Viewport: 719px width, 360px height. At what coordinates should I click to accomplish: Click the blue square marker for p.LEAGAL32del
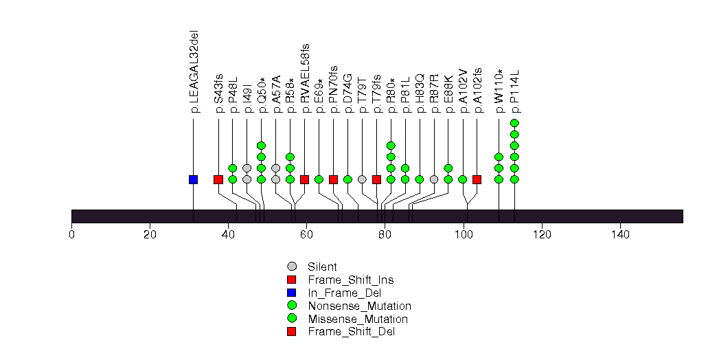tap(193, 179)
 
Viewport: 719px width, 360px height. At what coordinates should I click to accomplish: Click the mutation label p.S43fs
tap(218, 92)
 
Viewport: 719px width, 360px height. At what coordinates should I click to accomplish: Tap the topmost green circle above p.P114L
tap(514, 123)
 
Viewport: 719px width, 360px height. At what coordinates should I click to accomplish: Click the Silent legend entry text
tap(322, 267)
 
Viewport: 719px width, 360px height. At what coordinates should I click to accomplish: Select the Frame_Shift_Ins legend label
tap(350, 280)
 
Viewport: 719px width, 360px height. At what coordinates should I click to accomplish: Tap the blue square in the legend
tap(292, 293)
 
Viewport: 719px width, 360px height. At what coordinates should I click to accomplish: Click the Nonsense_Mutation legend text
tap(359, 306)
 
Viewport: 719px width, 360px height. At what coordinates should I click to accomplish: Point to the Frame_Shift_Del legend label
tap(351, 332)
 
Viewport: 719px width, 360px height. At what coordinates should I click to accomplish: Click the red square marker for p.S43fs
tap(218, 179)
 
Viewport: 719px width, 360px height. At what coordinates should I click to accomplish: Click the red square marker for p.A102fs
tap(477, 179)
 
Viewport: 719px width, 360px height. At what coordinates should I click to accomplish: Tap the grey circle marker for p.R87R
tap(433, 179)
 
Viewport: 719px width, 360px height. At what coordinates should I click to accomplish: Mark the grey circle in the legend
tap(292, 267)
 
